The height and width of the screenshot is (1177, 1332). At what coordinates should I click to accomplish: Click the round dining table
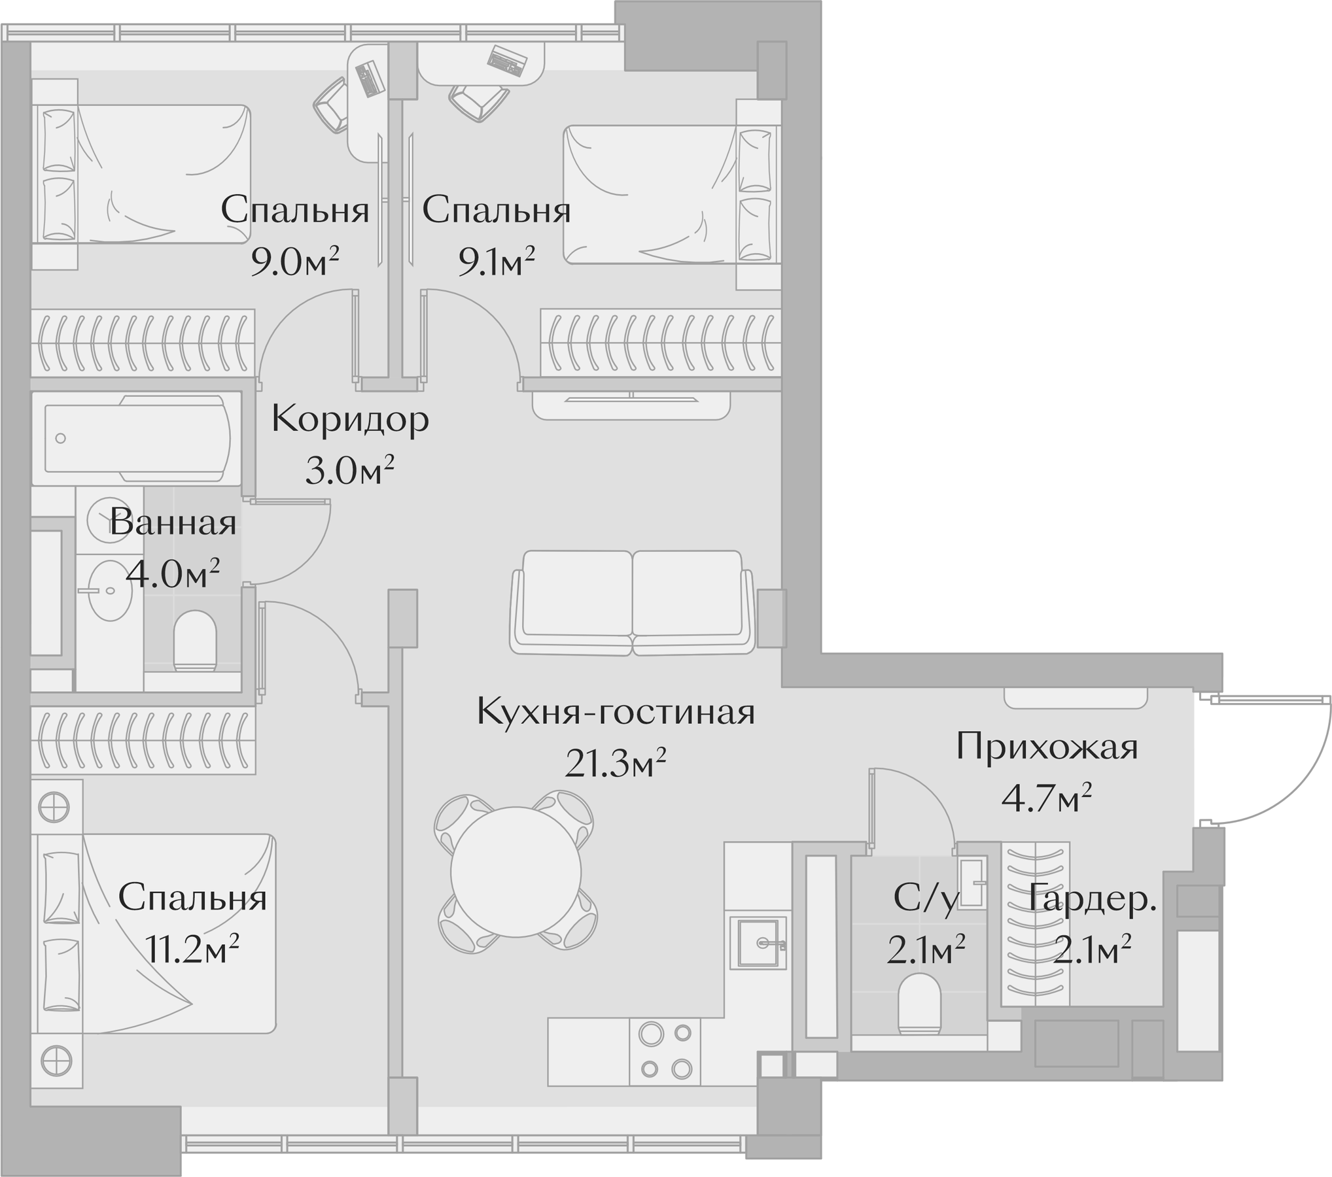(x=516, y=872)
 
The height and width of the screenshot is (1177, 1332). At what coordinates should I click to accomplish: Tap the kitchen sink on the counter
(x=758, y=942)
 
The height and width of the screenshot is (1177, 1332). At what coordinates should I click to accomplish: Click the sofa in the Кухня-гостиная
(x=632, y=602)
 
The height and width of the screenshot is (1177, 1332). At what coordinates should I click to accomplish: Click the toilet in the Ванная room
(x=194, y=640)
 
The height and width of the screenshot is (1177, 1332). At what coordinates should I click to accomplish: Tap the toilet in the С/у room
(x=919, y=1004)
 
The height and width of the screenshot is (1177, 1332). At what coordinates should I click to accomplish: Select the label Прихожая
(x=1047, y=747)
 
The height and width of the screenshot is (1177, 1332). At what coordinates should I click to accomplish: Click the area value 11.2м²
(x=192, y=949)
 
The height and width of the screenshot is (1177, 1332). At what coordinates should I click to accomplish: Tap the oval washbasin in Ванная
(x=110, y=590)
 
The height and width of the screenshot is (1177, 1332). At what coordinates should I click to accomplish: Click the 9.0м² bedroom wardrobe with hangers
(x=143, y=343)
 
